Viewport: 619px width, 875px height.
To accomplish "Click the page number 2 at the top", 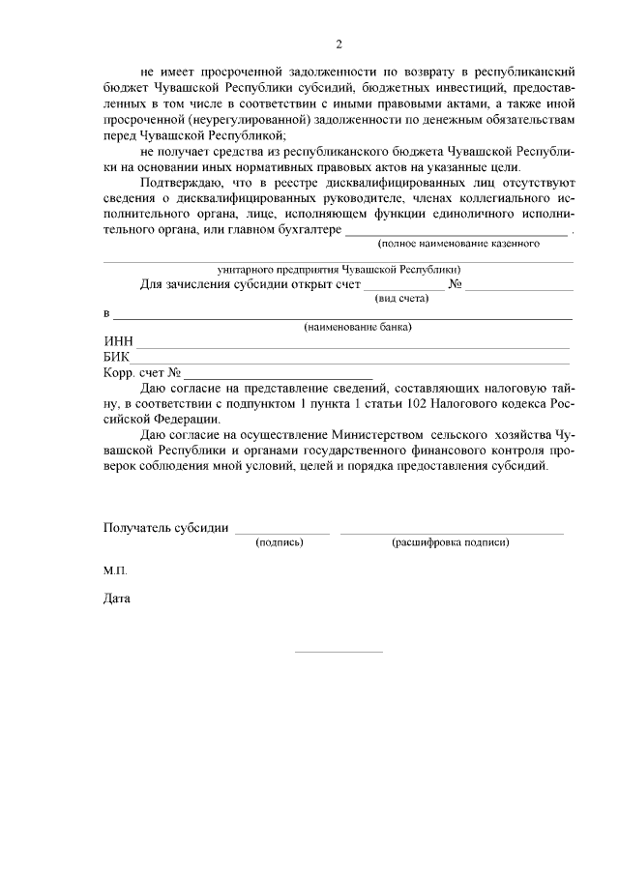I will click(339, 44).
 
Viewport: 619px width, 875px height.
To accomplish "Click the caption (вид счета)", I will click(401, 298).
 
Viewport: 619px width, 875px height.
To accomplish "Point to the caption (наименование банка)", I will click(358, 328).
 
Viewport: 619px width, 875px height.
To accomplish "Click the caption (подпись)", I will click(280, 542).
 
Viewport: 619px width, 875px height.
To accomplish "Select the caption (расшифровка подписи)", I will click(450, 542).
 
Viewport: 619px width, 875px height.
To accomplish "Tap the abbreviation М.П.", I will click(115, 570).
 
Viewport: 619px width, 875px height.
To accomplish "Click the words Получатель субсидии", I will click(165, 528).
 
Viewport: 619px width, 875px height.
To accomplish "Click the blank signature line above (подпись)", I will click(282, 533).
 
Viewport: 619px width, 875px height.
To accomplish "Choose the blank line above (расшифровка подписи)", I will click(451, 533).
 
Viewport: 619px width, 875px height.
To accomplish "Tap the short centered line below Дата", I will click(339, 652).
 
